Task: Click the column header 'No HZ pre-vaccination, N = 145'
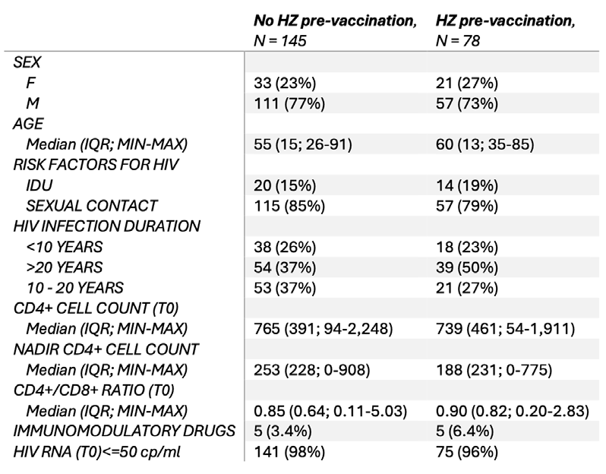click(335, 30)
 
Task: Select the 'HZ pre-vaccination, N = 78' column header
click(506, 30)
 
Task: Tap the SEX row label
click(27, 62)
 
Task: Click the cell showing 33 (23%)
click(285, 83)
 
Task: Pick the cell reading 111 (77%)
click(289, 103)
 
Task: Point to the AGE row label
click(28, 124)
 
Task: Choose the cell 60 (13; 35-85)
click(485, 144)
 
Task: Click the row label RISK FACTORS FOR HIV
click(96, 165)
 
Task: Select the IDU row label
click(39, 185)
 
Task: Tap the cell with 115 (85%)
click(289, 206)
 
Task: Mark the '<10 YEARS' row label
click(65, 247)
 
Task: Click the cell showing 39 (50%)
click(467, 267)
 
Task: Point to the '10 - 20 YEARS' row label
click(75, 288)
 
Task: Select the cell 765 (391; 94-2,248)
click(324, 329)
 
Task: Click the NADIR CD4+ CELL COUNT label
click(106, 349)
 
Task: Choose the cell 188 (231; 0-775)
click(494, 370)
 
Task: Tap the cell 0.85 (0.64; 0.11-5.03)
click(330, 411)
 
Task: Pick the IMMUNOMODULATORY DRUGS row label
click(124, 431)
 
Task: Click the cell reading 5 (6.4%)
click(465, 431)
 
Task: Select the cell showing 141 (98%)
click(289, 452)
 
